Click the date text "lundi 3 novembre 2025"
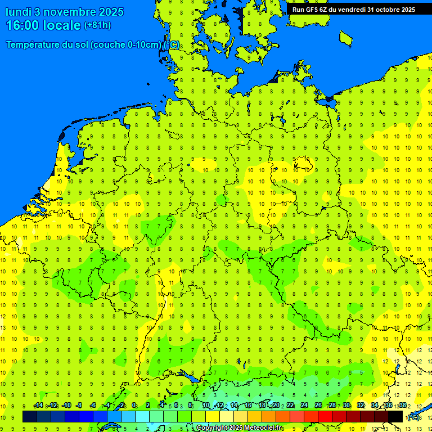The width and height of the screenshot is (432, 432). pos(65,12)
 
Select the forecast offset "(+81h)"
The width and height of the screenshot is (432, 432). pos(97,25)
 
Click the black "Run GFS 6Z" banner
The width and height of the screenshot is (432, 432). pos(353,9)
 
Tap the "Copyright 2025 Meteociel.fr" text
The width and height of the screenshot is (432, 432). pos(239,428)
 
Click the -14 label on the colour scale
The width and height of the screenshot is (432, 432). pos(38,406)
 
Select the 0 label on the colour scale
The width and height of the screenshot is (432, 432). pos(134,406)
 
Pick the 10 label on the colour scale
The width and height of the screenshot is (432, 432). pos(206,406)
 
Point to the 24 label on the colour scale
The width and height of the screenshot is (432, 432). pos(304,406)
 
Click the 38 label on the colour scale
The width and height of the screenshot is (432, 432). pos(403,406)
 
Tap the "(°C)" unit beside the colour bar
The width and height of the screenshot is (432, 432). pos(413,417)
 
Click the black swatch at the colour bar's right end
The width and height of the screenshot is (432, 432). pos(395,417)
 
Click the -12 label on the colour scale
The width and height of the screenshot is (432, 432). pos(52,406)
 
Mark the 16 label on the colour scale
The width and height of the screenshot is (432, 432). pos(248,406)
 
